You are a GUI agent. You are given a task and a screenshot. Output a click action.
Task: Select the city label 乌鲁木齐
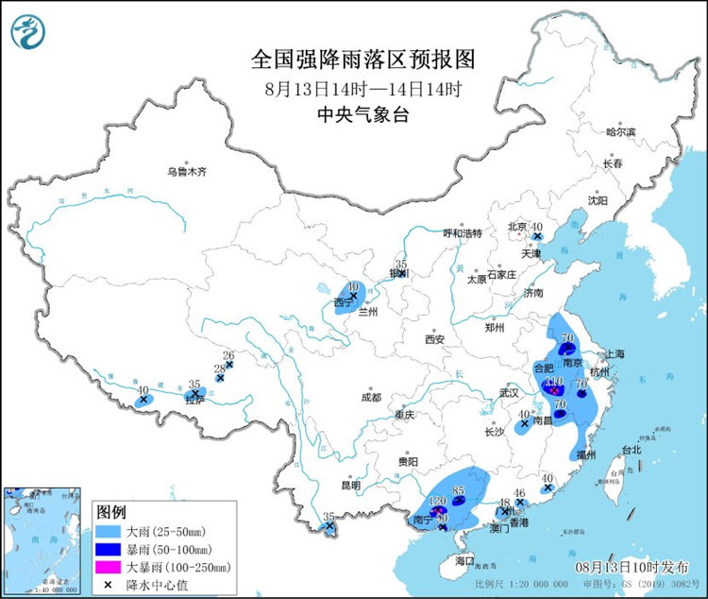[x=186, y=172]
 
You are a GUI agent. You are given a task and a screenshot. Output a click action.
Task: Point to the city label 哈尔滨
[x=621, y=131]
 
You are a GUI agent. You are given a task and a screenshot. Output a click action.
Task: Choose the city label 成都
[x=370, y=398]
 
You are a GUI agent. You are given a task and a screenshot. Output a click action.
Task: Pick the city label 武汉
[x=510, y=392]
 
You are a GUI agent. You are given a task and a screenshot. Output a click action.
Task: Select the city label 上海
[x=615, y=353]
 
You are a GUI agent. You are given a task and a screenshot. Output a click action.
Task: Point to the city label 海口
[x=464, y=560]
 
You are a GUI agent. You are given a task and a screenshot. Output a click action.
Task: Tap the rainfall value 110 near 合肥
[x=554, y=381]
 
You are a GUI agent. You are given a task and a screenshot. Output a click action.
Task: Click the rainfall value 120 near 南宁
[x=437, y=501]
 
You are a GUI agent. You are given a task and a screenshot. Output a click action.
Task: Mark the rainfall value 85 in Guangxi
[x=460, y=489]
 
